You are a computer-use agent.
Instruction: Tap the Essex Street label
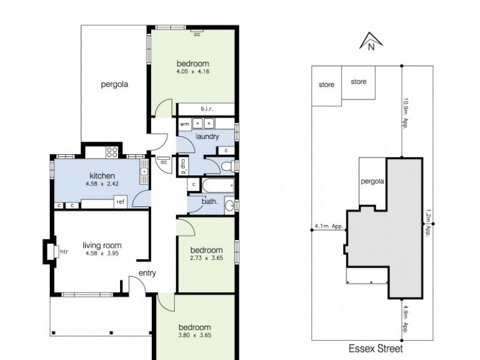click(376, 348)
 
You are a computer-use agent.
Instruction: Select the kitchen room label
click(102, 176)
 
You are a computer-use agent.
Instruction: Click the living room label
click(102, 245)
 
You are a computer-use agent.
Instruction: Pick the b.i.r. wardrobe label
click(207, 109)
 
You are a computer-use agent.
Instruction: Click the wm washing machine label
click(185, 124)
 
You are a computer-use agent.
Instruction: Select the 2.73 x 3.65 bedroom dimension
click(206, 258)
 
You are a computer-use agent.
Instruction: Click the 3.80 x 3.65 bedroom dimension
click(195, 335)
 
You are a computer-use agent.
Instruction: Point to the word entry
click(147, 273)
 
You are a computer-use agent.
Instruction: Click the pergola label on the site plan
click(372, 181)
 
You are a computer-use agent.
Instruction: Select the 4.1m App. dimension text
click(328, 227)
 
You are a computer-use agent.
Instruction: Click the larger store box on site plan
click(358, 82)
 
